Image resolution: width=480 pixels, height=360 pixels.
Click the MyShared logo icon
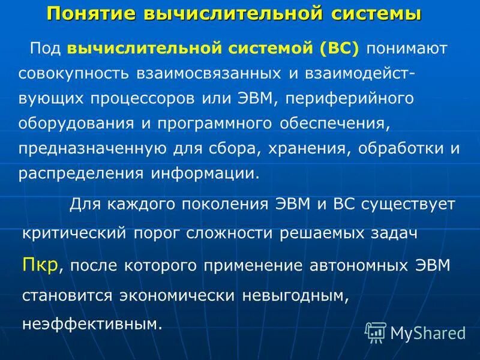[x=376, y=332]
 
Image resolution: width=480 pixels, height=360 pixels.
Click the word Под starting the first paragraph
[x=44, y=48]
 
